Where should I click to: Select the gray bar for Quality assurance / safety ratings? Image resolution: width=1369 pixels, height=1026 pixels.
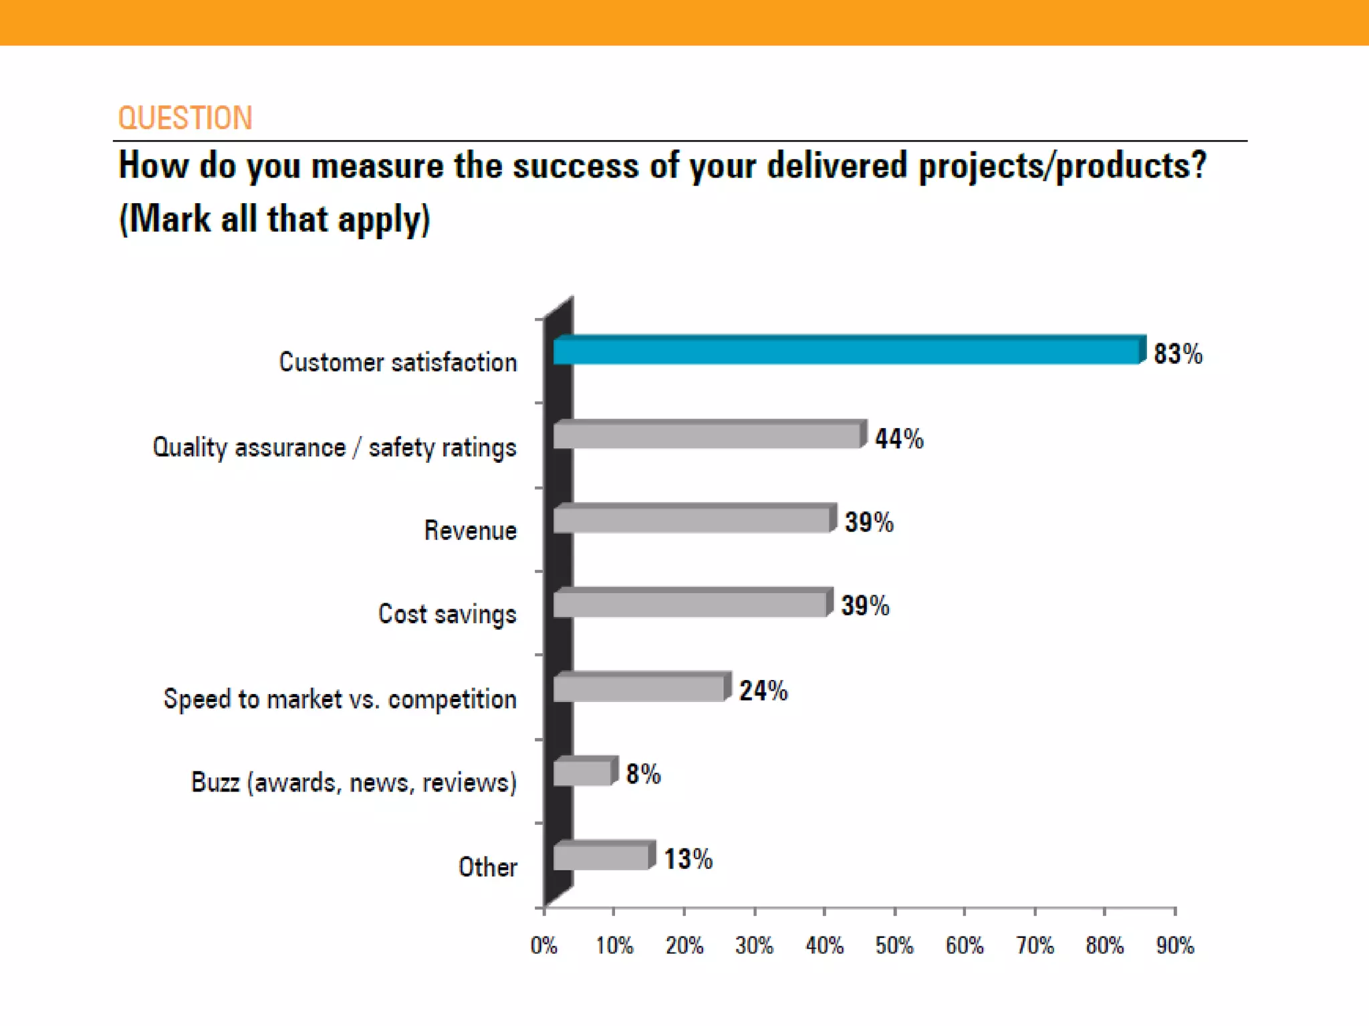coord(707,436)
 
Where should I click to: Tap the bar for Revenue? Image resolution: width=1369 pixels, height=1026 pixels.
coord(693,520)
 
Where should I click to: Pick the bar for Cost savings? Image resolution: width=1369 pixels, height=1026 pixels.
coord(691,604)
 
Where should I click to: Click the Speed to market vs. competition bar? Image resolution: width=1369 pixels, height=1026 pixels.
coord(640,688)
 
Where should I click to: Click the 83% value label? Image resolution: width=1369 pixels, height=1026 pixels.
coord(1178,354)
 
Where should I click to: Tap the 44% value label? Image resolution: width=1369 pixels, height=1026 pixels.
coord(899,439)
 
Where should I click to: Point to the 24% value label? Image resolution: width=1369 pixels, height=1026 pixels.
coord(763,691)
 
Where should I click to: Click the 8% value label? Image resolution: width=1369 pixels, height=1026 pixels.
coord(643,775)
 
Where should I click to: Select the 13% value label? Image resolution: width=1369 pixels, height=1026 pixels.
coord(688,859)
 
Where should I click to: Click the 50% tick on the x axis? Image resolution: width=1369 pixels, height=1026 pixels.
coord(894,945)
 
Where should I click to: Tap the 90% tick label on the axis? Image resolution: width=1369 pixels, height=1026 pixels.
coord(1175,945)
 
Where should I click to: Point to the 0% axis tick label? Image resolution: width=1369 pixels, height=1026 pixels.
coord(544,945)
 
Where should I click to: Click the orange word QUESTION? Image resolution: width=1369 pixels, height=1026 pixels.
coord(185,118)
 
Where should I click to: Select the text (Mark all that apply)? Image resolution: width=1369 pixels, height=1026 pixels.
coord(274,219)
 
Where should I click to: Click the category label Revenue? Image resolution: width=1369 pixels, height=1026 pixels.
coord(470,530)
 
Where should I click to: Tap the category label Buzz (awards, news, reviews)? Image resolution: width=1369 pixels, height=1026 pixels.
coord(354,782)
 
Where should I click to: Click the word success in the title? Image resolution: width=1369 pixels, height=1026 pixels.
coord(575,166)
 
